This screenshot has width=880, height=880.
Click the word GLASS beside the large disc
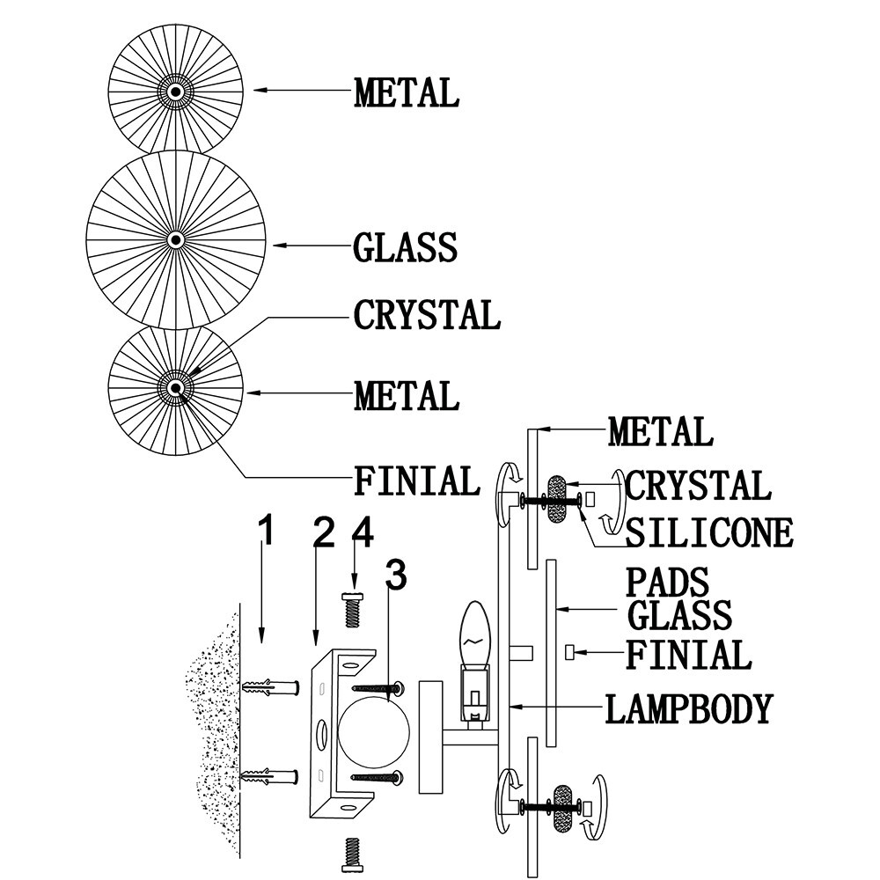[405, 247]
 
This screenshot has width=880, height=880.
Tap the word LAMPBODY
[689, 708]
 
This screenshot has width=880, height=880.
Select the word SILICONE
[709, 532]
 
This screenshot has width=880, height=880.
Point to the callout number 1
[266, 531]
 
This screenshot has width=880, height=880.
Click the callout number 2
[324, 532]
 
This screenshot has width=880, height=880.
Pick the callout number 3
[396, 575]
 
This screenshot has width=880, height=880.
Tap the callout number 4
[363, 532]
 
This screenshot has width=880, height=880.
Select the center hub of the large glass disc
[176, 240]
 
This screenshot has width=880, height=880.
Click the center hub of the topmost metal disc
[176, 91]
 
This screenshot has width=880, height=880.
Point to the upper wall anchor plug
[271, 686]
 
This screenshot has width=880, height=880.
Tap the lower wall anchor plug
[270, 777]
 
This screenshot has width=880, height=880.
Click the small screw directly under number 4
[353, 610]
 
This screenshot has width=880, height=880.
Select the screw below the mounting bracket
[352, 854]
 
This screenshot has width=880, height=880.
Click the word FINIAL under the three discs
[417, 481]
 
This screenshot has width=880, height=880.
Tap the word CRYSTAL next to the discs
[427, 314]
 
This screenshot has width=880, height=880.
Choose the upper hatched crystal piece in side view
[557, 499]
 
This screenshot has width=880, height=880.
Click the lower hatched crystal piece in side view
[563, 808]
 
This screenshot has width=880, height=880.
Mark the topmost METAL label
[407, 92]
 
